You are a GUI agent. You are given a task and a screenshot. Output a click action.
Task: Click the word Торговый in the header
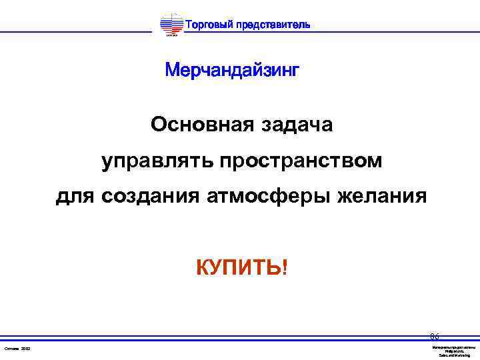coord(208,25)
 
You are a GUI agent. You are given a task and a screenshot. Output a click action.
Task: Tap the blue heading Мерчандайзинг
coord(232,70)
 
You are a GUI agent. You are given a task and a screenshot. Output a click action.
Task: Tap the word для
coord(75,197)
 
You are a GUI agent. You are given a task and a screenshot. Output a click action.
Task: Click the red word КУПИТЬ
coord(238,268)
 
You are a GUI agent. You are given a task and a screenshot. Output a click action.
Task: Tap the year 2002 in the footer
coord(26,349)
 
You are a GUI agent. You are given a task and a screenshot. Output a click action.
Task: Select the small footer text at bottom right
coord(453,351)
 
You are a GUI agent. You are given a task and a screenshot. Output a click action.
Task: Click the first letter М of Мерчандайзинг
coord(173,70)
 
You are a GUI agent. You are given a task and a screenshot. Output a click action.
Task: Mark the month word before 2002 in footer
coord(11,349)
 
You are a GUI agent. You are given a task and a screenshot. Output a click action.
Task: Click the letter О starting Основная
coord(158,125)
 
